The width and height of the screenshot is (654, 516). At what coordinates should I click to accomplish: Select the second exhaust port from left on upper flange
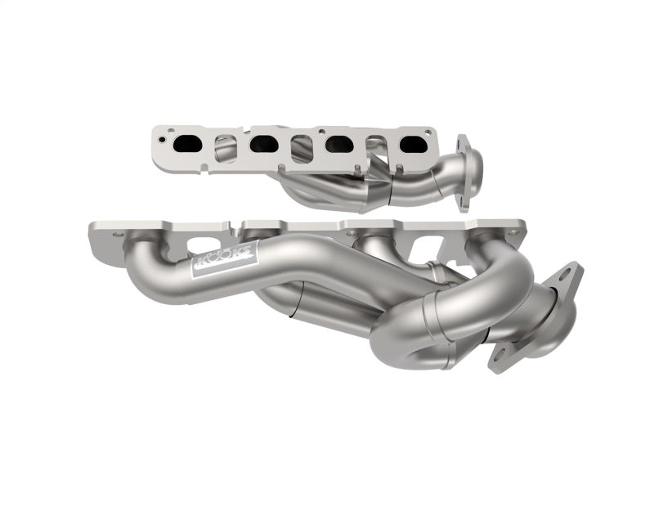(263, 144)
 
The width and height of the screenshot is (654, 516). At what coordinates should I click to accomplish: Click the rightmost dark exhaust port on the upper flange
(414, 146)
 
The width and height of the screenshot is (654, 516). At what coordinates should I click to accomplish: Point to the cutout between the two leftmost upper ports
(226, 147)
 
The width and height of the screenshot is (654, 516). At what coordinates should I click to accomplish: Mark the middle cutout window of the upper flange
(301, 148)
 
